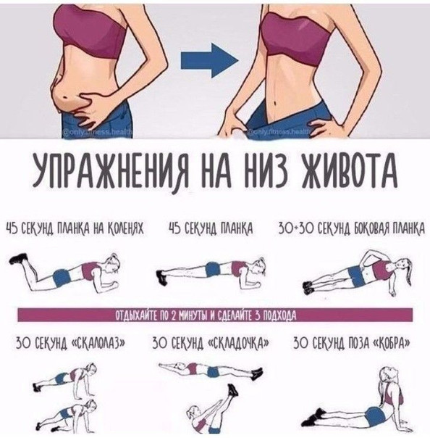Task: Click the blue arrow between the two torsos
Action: click(207, 64)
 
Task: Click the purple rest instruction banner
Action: click(215, 315)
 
